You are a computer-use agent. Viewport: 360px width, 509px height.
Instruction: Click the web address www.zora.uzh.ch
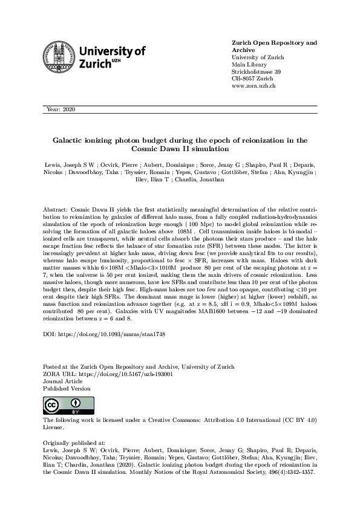pos(254,86)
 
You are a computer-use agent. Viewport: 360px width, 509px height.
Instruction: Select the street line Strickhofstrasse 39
pos(256,71)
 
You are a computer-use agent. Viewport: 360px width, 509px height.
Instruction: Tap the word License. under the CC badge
pos(53,427)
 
